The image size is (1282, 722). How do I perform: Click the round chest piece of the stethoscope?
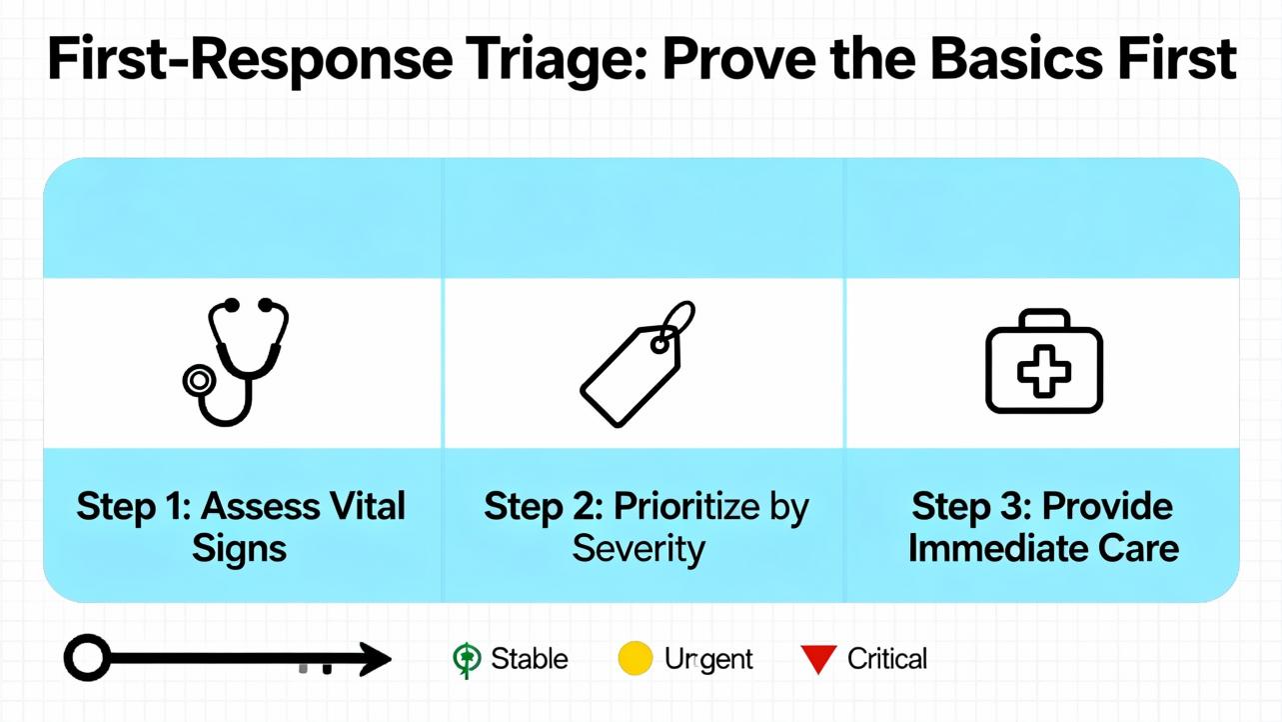click(199, 380)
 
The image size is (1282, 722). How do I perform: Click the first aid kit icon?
click(1043, 361)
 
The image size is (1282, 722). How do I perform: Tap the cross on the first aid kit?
click(1043, 372)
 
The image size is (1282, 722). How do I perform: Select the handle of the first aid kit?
click(1043, 319)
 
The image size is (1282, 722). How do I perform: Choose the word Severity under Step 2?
click(639, 549)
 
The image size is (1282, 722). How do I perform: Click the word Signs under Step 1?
click(240, 549)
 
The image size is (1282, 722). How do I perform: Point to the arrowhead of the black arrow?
click(376, 659)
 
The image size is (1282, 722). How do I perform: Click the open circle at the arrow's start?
click(87, 659)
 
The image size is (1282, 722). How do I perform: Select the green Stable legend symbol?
click(466, 659)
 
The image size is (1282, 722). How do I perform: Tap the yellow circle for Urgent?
click(636, 659)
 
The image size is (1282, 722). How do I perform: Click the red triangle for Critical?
click(818, 659)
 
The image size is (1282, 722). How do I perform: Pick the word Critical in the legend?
click(887, 659)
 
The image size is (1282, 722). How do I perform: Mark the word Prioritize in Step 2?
click(674, 506)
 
